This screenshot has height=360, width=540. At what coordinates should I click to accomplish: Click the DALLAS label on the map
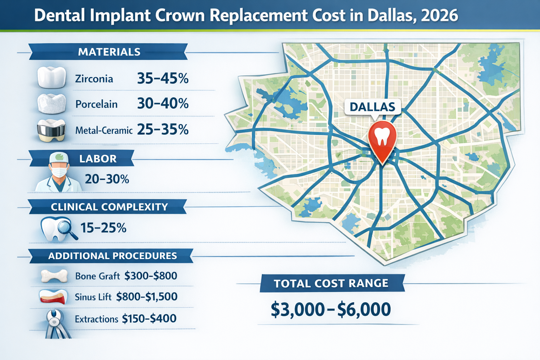[372, 107]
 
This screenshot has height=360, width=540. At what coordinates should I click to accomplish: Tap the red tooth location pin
[382, 138]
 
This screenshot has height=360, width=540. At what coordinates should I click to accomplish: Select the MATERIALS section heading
[109, 52]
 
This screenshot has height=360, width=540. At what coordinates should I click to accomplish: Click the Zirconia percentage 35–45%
[163, 78]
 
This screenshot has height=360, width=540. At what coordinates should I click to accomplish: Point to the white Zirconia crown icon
[51, 77]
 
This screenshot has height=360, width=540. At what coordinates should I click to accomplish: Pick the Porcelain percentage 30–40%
[163, 104]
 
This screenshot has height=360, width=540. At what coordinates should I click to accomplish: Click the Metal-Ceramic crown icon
[51, 130]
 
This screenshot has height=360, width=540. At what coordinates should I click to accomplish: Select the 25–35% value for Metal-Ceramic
[163, 130]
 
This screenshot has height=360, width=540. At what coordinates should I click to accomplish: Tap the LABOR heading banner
[98, 159]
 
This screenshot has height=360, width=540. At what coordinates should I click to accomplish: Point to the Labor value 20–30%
[107, 179]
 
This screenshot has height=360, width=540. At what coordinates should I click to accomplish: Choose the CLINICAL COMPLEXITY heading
[109, 207]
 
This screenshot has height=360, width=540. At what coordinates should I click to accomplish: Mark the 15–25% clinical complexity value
[103, 228]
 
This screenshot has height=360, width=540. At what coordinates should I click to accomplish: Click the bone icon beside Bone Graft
[54, 276]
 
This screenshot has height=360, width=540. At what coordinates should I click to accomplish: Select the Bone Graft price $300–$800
[151, 276]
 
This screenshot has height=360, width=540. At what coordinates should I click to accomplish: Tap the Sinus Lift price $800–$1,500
[147, 297]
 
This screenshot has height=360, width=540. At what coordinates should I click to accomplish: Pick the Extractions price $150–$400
[149, 319]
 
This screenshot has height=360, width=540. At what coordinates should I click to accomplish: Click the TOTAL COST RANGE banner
[331, 283]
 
